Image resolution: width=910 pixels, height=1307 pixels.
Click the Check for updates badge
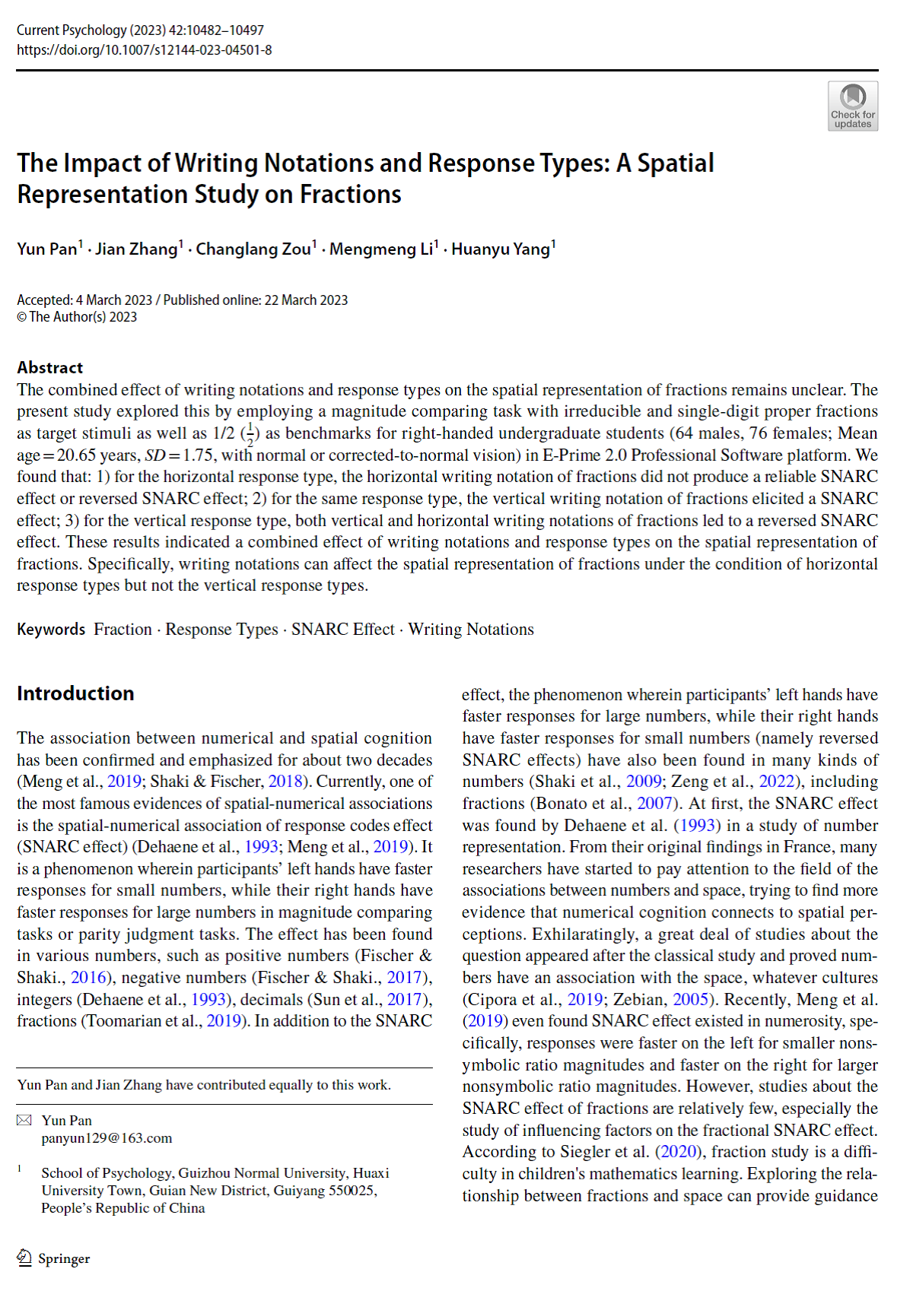click(852, 106)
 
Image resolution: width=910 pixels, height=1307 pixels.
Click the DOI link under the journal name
click(144, 50)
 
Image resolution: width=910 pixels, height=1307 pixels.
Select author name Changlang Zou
click(253, 249)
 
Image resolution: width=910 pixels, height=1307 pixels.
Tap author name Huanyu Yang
click(501, 249)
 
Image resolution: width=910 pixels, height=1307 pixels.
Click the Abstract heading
click(50, 368)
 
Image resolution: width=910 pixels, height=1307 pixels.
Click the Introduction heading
click(75, 693)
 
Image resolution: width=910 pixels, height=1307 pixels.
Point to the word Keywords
click(51, 630)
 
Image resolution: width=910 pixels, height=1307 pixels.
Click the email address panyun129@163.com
click(107, 1138)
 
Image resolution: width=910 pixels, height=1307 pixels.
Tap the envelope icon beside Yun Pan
click(24, 1120)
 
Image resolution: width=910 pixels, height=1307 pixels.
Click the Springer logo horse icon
click(24, 1258)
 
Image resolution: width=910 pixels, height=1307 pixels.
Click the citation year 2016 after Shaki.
click(88, 977)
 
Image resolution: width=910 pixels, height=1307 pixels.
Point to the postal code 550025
click(352, 1191)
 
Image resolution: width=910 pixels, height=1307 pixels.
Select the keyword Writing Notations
click(471, 630)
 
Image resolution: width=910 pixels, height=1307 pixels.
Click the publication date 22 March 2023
click(306, 300)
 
